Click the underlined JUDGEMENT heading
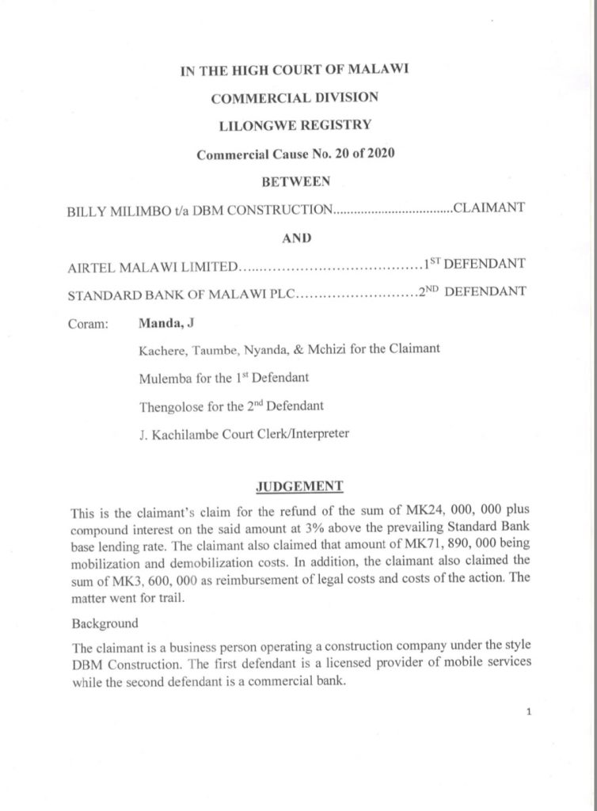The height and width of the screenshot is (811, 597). [x=298, y=485]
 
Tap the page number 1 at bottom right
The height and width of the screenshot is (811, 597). [x=527, y=711]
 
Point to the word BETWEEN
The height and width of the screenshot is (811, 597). [x=295, y=181]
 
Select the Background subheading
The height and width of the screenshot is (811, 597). [x=105, y=623]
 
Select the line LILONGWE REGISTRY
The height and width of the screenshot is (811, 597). [x=295, y=124]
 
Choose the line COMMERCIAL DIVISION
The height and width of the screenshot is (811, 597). [x=295, y=97]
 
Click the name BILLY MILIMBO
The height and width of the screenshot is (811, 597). [x=114, y=210]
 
